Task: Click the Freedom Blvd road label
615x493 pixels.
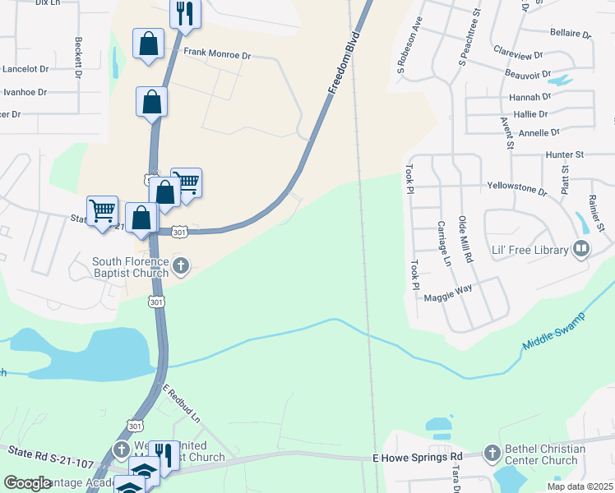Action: coord(345,64)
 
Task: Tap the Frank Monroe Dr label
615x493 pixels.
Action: coord(216,53)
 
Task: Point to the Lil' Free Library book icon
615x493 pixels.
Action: coord(581,247)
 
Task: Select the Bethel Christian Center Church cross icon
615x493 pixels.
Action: coord(492,452)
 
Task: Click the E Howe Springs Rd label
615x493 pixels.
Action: coord(418,457)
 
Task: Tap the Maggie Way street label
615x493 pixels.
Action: coord(448,289)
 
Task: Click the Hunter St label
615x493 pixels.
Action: coord(563,154)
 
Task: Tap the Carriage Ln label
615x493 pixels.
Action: coord(444,244)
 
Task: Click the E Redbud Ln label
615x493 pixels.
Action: coord(182,404)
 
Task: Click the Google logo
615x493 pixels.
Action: coord(28,483)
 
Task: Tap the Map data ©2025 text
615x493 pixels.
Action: coord(580,486)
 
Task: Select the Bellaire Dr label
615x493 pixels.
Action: coord(571,35)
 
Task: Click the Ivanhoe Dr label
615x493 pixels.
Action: coord(25,92)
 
